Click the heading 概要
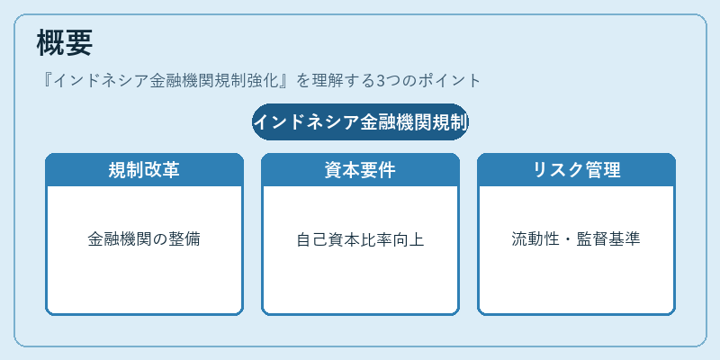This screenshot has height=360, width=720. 65,42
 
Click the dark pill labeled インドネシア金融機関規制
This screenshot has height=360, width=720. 361,122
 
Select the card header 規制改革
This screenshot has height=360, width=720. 144,170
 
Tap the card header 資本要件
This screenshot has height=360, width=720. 361,170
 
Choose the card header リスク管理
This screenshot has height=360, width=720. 576,170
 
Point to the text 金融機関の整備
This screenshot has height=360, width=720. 144,239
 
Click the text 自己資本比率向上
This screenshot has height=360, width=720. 361,239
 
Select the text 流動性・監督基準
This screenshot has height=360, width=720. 576,239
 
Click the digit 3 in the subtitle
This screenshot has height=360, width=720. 380,81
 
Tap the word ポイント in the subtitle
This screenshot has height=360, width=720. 449,81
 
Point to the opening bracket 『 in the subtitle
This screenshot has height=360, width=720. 46,81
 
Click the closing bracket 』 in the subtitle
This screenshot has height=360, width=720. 287,81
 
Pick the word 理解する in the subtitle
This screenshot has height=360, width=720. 343,81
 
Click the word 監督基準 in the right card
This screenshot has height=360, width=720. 609,239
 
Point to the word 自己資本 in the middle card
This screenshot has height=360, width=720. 328,239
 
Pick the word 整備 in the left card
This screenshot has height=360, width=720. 184,239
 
